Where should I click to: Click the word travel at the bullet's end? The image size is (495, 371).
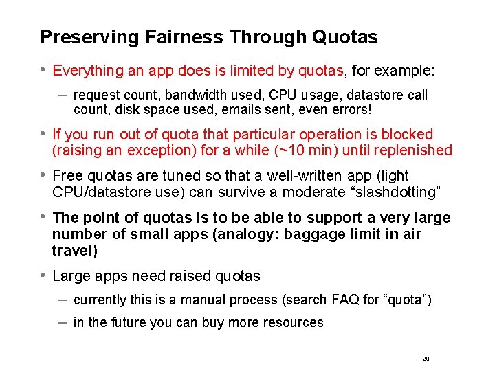[x=72, y=251]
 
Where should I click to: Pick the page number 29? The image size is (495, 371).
[x=426, y=359]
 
